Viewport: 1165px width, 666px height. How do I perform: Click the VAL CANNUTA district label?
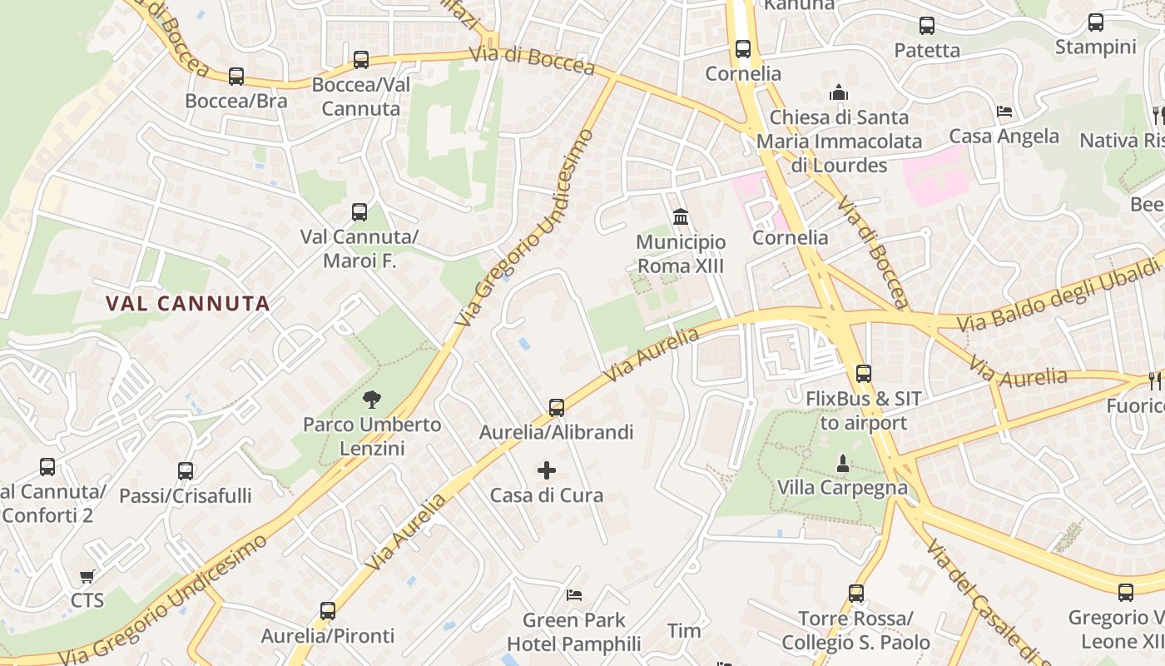click(189, 304)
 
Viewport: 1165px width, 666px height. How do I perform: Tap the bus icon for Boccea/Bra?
click(236, 77)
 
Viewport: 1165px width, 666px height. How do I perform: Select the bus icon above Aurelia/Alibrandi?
click(557, 408)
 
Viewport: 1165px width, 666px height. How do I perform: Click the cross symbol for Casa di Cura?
click(547, 470)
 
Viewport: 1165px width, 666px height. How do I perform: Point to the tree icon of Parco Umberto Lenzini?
click(372, 400)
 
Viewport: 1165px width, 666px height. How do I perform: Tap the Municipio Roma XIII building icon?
click(681, 217)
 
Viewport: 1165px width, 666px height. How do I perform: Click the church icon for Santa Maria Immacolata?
click(839, 92)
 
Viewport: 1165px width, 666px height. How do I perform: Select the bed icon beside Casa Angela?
click(1004, 112)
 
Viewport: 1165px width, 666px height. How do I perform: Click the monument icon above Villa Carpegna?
click(842, 463)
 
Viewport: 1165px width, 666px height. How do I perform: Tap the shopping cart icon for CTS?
click(87, 576)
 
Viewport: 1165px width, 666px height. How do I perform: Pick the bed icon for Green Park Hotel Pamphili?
click(574, 595)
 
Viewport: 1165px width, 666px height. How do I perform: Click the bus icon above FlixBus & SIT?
click(864, 374)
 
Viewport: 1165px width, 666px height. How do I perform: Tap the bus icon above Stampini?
click(1096, 22)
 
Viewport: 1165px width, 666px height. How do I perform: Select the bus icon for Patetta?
click(927, 26)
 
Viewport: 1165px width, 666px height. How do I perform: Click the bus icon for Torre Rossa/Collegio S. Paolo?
click(856, 594)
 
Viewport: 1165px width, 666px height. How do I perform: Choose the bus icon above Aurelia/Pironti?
click(328, 611)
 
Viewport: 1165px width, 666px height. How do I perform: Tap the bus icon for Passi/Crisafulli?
click(186, 471)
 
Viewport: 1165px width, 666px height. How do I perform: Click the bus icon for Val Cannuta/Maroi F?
click(359, 212)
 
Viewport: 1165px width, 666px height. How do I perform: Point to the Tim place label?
click(684, 631)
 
